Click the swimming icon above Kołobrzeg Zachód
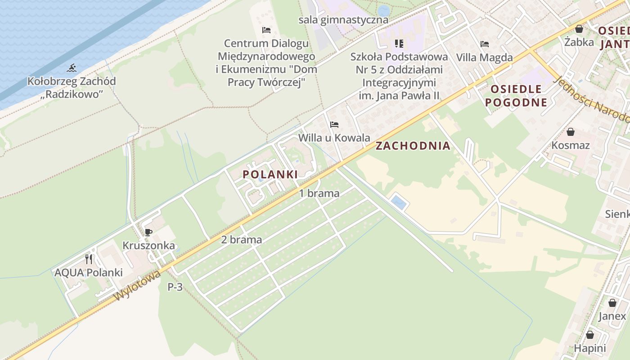click(x=72, y=68)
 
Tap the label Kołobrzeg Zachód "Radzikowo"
click(x=72, y=88)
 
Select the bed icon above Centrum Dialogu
click(x=266, y=30)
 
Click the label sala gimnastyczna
click(x=343, y=20)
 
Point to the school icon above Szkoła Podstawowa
click(x=399, y=44)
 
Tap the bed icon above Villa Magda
click(x=485, y=44)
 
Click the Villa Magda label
click(x=485, y=58)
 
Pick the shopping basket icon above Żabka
click(x=579, y=29)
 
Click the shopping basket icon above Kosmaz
click(x=571, y=132)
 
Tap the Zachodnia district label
click(x=413, y=146)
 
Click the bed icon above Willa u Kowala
click(x=334, y=125)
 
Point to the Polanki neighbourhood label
click(x=270, y=174)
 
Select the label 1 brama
click(x=319, y=193)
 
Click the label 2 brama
click(x=242, y=240)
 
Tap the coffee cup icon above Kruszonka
click(x=148, y=232)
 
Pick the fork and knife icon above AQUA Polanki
click(x=89, y=259)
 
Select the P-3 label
click(x=175, y=287)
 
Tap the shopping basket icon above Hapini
click(x=590, y=335)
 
